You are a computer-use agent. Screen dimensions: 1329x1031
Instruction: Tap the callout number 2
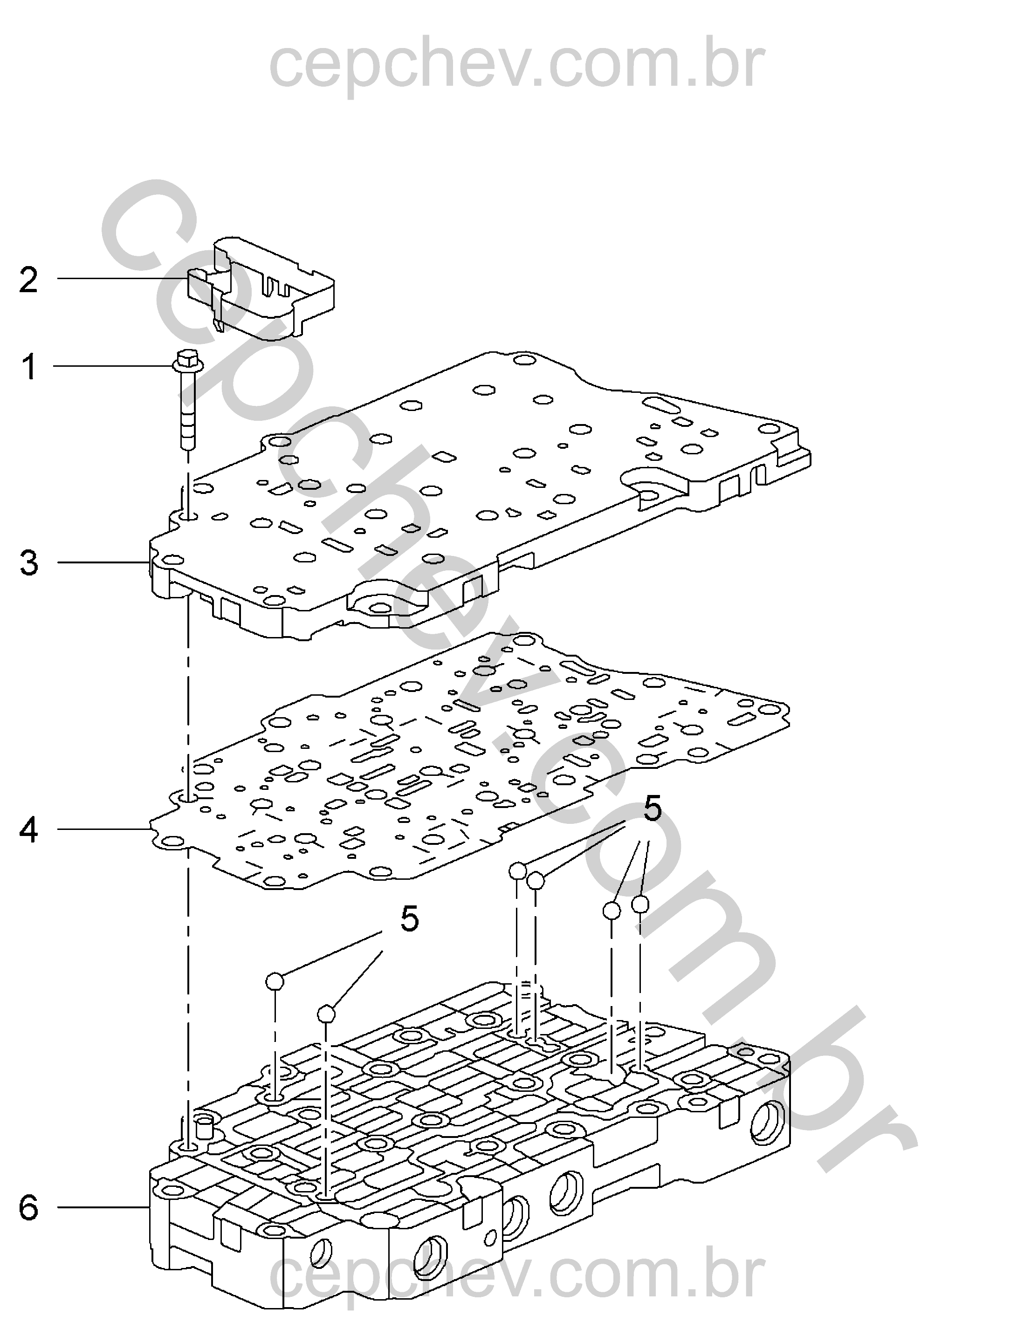pos(28,280)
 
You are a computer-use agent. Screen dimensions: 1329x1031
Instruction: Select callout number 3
pos(28,563)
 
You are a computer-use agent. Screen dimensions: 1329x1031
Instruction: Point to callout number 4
pos(28,830)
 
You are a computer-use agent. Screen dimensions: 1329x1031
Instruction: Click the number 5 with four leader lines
pos(652,810)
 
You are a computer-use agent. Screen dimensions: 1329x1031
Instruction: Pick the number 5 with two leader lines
pos(410,919)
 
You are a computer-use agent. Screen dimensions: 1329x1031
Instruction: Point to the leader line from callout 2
pos(122,279)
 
